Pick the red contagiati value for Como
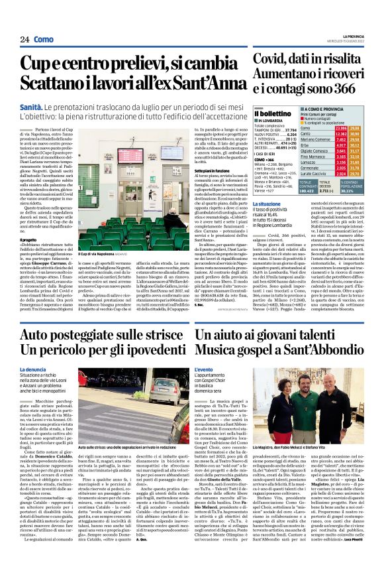[x=342, y=127]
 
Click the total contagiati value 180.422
[x=309, y=188]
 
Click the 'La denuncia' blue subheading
[x=32, y=369]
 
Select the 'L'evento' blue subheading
[x=204, y=369]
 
